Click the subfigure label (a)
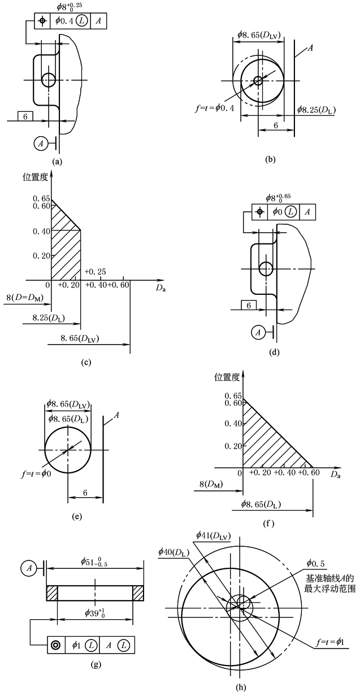pyautogui.click(x=56, y=160)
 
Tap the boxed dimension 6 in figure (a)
pyautogui.click(x=25, y=116)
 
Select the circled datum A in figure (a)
pyautogui.click(x=41, y=143)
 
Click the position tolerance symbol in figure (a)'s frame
pyautogui.click(x=41, y=20)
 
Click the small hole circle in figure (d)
pyautogui.click(x=266, y=269)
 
